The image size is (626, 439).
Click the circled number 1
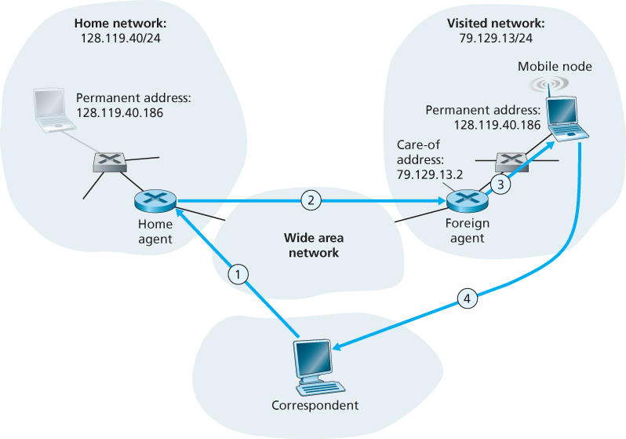click(238, 273)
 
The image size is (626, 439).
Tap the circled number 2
click(311, 200)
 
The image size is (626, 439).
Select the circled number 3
click(500, 184)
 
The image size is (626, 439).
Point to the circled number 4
click(467, 298)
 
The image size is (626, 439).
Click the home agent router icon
click(155, 201)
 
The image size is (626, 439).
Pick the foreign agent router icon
click(468, 201)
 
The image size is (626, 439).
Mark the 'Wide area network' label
click(313, 245)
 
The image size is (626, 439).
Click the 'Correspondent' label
click(314, 406)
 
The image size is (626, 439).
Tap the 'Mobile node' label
click(555, 67)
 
